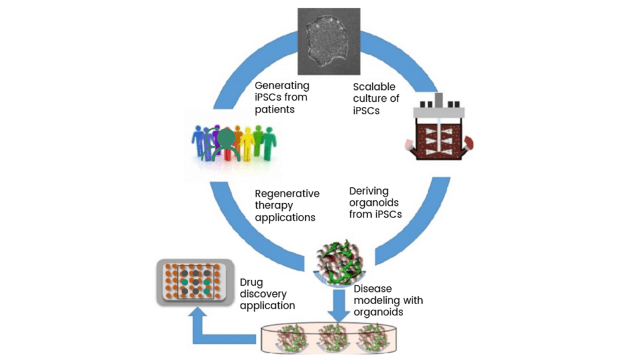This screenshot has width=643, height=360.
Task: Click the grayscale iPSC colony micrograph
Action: tap(329, 41)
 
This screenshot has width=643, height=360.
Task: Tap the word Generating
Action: tap(282, 86)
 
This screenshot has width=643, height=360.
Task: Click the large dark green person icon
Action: tap(226, 144)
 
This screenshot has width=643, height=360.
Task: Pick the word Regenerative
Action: tap(287, 194)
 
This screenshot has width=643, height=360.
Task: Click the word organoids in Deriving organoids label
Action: tap(374, 203)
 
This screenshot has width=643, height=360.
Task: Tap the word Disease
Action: tap(372, 288)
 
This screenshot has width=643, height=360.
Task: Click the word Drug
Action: tap(251, 283)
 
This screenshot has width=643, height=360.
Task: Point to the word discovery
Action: tap(263, 294)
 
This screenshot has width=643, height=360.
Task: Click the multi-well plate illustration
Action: tap(195, 282)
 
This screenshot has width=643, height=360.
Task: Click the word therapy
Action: tap(274, 205)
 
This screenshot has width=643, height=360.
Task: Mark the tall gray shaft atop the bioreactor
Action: tap(439, 100)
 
